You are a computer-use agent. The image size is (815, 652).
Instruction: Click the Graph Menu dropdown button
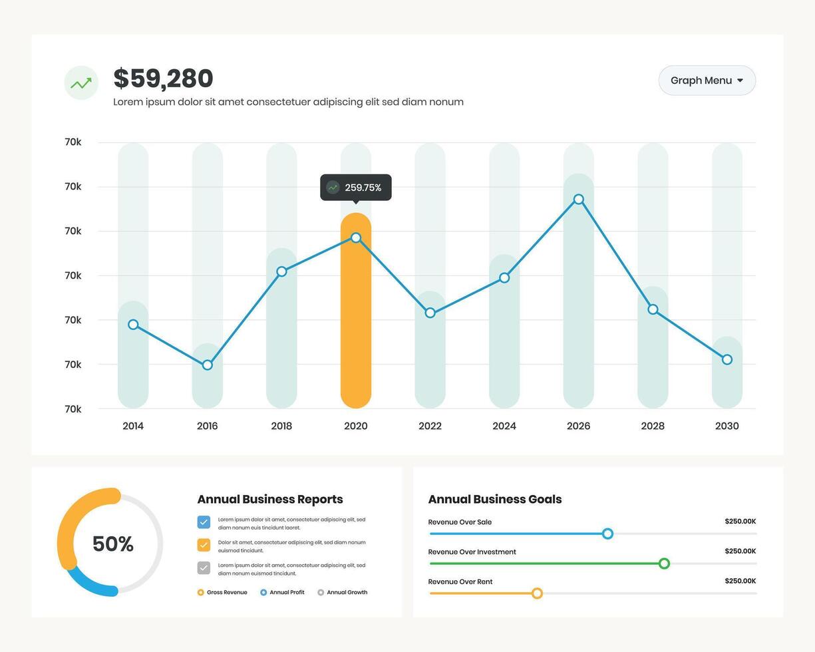tap(707, 81)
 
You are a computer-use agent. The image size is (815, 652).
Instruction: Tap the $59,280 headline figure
tap(163, 79)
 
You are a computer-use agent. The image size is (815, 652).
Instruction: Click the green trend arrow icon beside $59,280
tap(81, 83)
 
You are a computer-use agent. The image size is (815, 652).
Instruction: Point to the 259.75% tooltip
tap(356, 188)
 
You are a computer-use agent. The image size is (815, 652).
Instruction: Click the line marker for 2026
tap(579, 200)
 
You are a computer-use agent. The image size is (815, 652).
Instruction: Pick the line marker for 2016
tap(208, 365)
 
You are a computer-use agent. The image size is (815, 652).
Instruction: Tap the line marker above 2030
tap(727, 360)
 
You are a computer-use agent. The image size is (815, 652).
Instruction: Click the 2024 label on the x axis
tap(504, 426)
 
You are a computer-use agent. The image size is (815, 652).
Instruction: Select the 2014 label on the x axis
tap(133, 426)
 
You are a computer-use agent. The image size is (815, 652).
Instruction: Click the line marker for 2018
tap(281, 271)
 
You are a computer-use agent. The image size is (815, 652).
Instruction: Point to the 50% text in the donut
tap(113, 544)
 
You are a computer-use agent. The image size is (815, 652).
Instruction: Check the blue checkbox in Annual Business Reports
tap(204, 522)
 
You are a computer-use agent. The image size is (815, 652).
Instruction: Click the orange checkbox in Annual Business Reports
tap(204, 545)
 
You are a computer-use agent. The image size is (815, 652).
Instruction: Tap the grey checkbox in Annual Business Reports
tap(204, 568)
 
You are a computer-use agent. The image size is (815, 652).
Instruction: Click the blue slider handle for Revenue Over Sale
tap(607, 534)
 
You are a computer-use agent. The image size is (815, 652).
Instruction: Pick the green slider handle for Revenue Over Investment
tap(664, 564)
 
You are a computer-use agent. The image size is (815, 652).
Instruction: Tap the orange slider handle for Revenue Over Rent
tap(537, 593)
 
